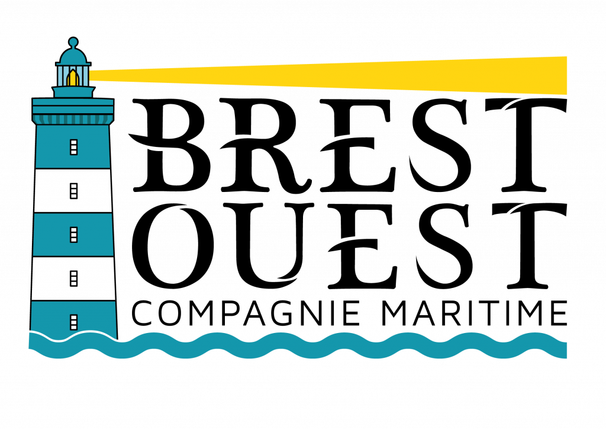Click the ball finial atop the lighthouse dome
point(73,42)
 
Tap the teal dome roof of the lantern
point(73,57)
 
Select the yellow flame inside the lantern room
point(73,79)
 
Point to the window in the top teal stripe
point(73,147)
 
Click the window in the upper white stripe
point(73,191)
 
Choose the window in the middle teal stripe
point(73,235)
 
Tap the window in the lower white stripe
point(73,278)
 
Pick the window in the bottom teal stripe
point(73,322)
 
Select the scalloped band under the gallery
point(73,120)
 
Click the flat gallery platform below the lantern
point(73,105)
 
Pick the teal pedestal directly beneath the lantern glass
point(73,92)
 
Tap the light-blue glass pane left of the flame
point(62,76)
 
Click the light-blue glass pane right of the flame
point(84,76)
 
